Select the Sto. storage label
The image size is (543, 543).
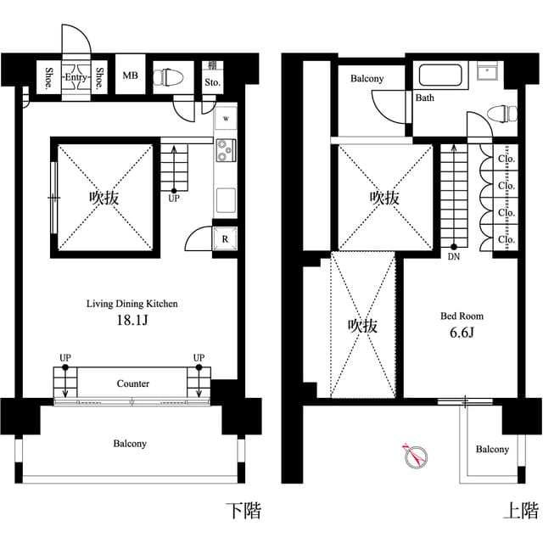click(212, 82)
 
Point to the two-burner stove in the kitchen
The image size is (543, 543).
click(226, 150)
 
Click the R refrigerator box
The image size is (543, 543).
click(225, 240)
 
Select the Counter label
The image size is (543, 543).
click(133, 383)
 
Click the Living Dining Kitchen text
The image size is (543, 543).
click(132, 303)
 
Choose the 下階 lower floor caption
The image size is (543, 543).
click(243, 511)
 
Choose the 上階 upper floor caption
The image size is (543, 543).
click(521, 511)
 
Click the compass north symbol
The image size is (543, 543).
click(414, 456)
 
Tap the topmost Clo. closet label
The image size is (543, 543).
click(507, 158)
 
